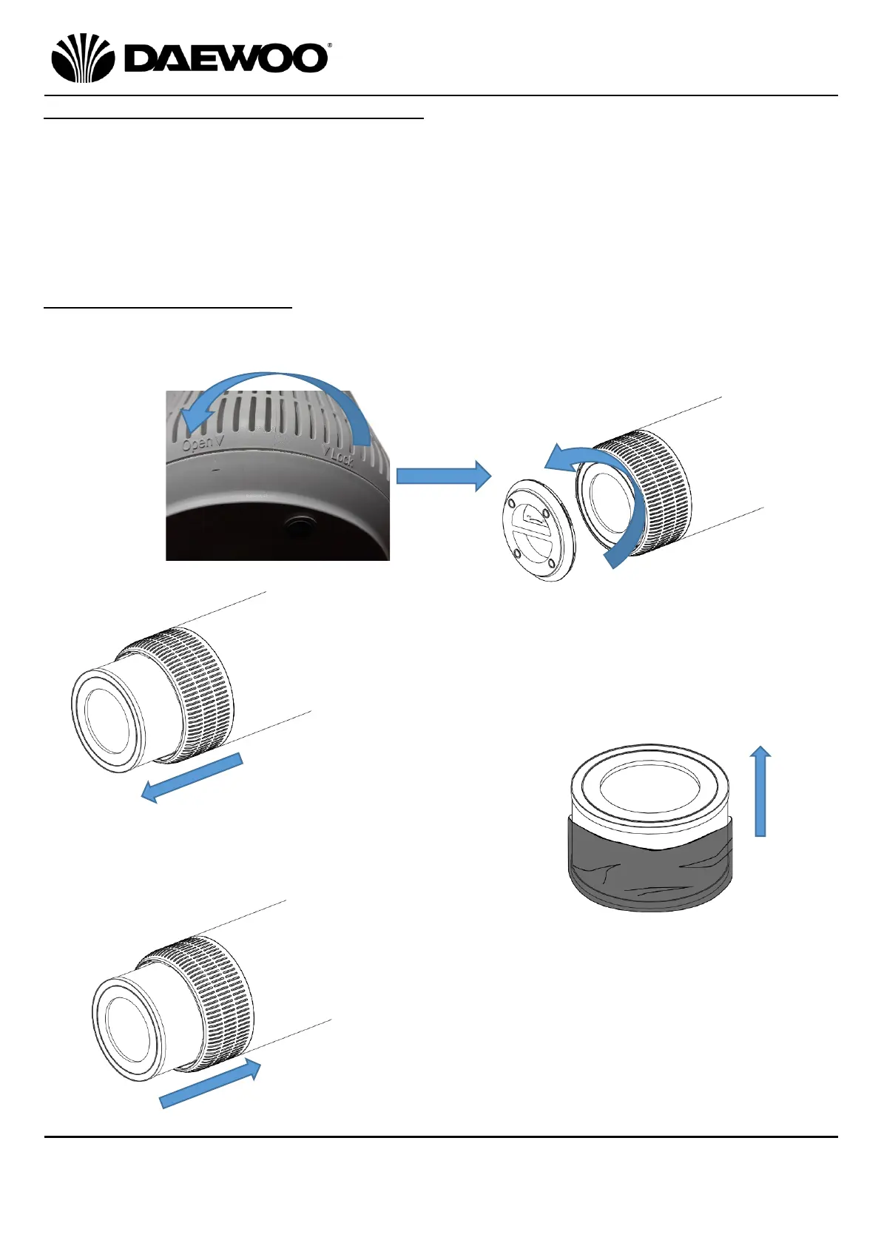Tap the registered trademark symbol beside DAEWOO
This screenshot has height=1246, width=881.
click(x=328, y=46)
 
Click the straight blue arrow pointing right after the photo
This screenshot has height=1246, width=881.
click(x=443, y=476)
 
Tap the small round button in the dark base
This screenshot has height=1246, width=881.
click(x=300, y=526)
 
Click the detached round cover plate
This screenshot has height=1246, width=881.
click(x=538, y=528)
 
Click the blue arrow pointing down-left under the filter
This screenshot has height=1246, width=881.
click(x=192, y=778)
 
